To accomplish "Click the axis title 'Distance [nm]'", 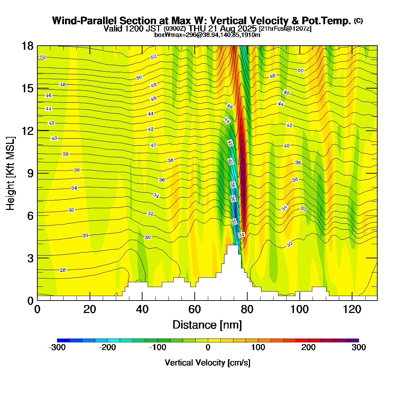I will (x=207, y=325).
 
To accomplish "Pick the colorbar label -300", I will (x=57, y=348).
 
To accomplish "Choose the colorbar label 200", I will (x=308, y=348).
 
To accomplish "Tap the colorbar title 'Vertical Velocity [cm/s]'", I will (x=207, y=363).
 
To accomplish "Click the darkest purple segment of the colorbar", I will (x=352, y=341).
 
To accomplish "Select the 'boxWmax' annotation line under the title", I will (x=207, y=35).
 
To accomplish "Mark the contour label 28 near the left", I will (x=63, y=270).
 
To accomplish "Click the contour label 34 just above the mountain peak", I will (x=241, y=235).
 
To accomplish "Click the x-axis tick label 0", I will (x=37, y=309).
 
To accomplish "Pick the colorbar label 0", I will (x=208, y=348).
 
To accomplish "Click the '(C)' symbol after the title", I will (x=358, y=21).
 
